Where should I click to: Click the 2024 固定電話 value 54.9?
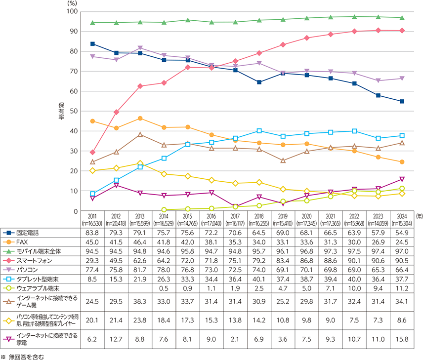click(x=402, y=232)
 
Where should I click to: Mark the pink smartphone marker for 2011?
click(x=93, y=152)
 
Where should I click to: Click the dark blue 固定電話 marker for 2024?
click(x=402, y=101)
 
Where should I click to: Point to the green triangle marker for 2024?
click(x=402, y=18)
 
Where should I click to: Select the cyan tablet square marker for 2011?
click(x=93, y=194)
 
